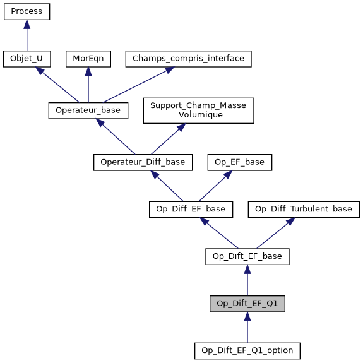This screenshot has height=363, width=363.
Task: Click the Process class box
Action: [27, 11]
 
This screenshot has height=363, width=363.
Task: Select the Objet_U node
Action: [27, 59]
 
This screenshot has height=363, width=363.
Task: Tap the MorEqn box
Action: [88, 59]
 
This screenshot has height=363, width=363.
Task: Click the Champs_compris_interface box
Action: [189, 59]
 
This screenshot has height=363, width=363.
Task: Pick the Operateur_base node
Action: [88, 110]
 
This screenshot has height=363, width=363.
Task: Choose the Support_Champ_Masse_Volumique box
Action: [198, 110]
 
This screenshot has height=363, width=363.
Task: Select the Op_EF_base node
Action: [240, 162]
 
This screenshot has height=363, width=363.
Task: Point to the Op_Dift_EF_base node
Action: [247, 256]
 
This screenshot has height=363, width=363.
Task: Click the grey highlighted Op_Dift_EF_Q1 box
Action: [247, 303]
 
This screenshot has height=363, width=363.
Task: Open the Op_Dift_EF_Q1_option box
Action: [247, 350]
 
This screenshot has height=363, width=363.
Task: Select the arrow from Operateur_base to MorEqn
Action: [88, 85]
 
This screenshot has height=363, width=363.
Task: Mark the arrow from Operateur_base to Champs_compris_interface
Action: [136, 85]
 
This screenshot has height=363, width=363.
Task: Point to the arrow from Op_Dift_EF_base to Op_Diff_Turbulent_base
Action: [276, 232]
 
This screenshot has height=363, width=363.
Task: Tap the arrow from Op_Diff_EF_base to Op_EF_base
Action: [215, 185]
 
